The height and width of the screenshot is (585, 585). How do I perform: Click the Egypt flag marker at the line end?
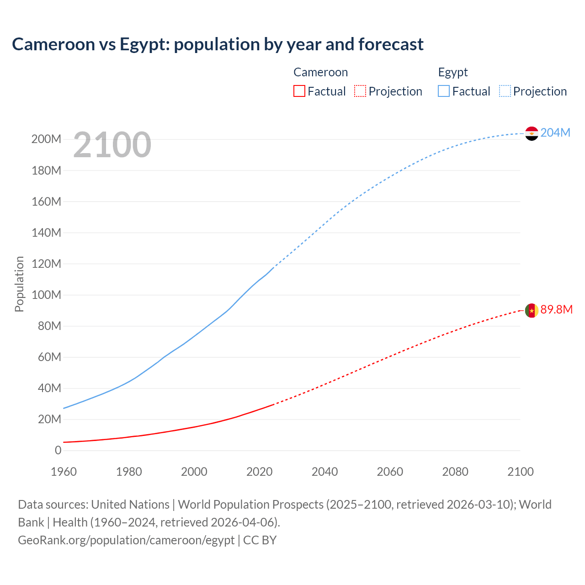(x=532, y=133)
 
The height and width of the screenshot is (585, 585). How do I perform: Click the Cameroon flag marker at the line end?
(x=532, y=310)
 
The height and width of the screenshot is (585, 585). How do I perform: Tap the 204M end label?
(x=555, y=133)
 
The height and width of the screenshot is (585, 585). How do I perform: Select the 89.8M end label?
(x=556, y=309)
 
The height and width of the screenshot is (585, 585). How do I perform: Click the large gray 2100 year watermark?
(x=112, y=144)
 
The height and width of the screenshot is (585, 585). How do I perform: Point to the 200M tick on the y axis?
(x=46, y=139)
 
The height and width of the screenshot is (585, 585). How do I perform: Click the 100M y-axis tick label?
(x=46, y=295)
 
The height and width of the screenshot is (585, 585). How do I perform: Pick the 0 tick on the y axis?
(x=58, y=450)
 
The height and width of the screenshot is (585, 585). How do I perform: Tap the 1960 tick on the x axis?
(x=64, y=472)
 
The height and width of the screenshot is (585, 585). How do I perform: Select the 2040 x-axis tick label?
(x=324, y=472)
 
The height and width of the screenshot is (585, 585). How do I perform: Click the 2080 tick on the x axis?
(x=455, y=472)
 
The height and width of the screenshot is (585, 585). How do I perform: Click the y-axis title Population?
(x=19, y=284)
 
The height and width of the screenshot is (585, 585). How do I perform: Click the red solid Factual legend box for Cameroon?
(x=299, y=91)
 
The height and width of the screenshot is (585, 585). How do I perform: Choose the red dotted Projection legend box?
(x=360, y=91)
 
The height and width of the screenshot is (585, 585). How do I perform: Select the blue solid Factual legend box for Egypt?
(x=444, y=91)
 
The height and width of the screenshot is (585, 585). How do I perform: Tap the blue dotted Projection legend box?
(x=505, y=91)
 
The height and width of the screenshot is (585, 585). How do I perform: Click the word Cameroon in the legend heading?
(x=320, y=72)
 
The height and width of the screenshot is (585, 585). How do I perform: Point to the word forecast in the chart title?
(x=391, y=44)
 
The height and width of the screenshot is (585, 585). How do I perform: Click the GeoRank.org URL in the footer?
(x=126, y=540)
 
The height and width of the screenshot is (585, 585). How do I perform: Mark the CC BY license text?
(x=260, y=540)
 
